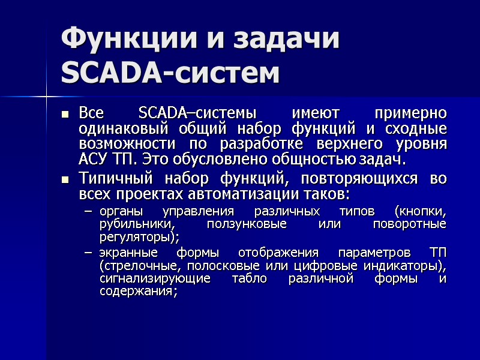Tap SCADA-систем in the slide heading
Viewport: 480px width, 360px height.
coord(171,73)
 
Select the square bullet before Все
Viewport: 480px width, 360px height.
coord(65,113)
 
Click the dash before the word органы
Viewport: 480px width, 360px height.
coord(89,212)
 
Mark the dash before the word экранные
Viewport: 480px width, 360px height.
coord(89,251)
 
